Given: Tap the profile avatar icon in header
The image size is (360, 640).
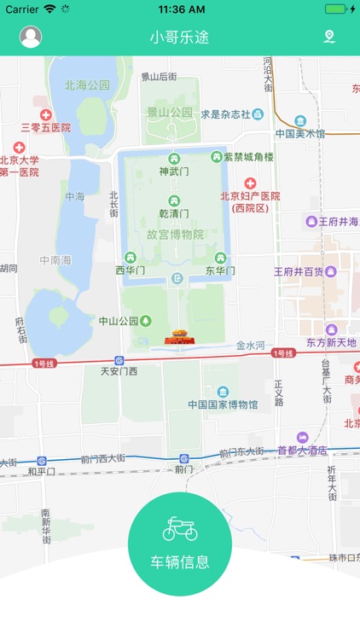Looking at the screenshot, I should [31, 37].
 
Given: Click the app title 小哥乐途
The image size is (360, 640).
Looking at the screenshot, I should [179, 38].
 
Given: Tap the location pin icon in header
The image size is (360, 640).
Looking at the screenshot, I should [329, 37].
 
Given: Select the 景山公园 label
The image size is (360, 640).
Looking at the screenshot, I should [170, 113].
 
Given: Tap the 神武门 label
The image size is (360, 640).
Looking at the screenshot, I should [174, 171].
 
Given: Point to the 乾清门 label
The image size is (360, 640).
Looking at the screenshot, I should [174, 212].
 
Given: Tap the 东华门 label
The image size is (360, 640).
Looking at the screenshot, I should [220, 271].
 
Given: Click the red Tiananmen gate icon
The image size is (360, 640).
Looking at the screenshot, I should [179, 336].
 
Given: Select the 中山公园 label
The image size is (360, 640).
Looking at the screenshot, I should [119, 322].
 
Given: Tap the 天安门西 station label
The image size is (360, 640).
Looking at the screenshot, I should [119, 371].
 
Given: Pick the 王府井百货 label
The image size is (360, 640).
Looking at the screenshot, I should [299, 272].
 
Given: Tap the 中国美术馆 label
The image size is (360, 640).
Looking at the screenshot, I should [300, 133].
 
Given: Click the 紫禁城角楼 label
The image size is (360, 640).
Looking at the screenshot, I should [248, 157].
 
